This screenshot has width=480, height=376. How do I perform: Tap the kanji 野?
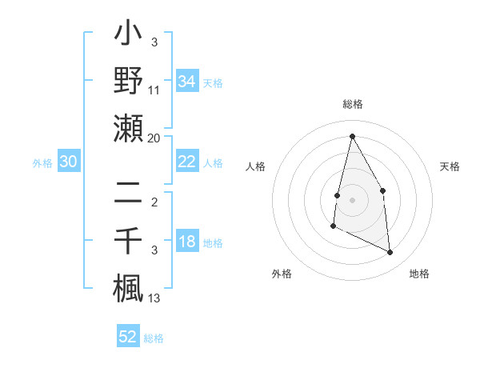tap(128, 82)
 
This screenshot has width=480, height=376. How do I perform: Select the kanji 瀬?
tap(128, 128)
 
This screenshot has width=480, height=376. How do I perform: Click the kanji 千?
tap(128, 241)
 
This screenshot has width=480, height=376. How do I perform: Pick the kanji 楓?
tap(128, 287)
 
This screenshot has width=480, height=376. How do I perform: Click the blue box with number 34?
tap(186, 82)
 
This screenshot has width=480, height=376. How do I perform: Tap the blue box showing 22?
tap(186, 162)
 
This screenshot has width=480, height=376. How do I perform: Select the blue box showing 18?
tap(186, 242)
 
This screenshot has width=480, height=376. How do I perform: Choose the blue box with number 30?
tap(68, 162)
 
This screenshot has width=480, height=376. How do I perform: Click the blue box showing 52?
tap(128, 337)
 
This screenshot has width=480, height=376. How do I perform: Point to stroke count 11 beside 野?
tap(155, 90)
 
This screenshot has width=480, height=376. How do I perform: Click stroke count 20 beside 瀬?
tap(155, 138)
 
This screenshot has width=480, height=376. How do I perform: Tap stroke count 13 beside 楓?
tap(155, 298)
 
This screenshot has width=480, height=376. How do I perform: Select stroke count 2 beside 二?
tap(154, 202)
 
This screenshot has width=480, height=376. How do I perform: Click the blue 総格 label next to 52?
tap(154, 338)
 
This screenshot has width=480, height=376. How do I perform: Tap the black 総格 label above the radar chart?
tap(353, 104)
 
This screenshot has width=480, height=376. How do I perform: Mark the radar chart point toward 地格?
tap(390, 253)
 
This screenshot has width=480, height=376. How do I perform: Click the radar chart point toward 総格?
tap(352, 136)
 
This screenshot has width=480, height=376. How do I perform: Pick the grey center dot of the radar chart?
tap(352, 200)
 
